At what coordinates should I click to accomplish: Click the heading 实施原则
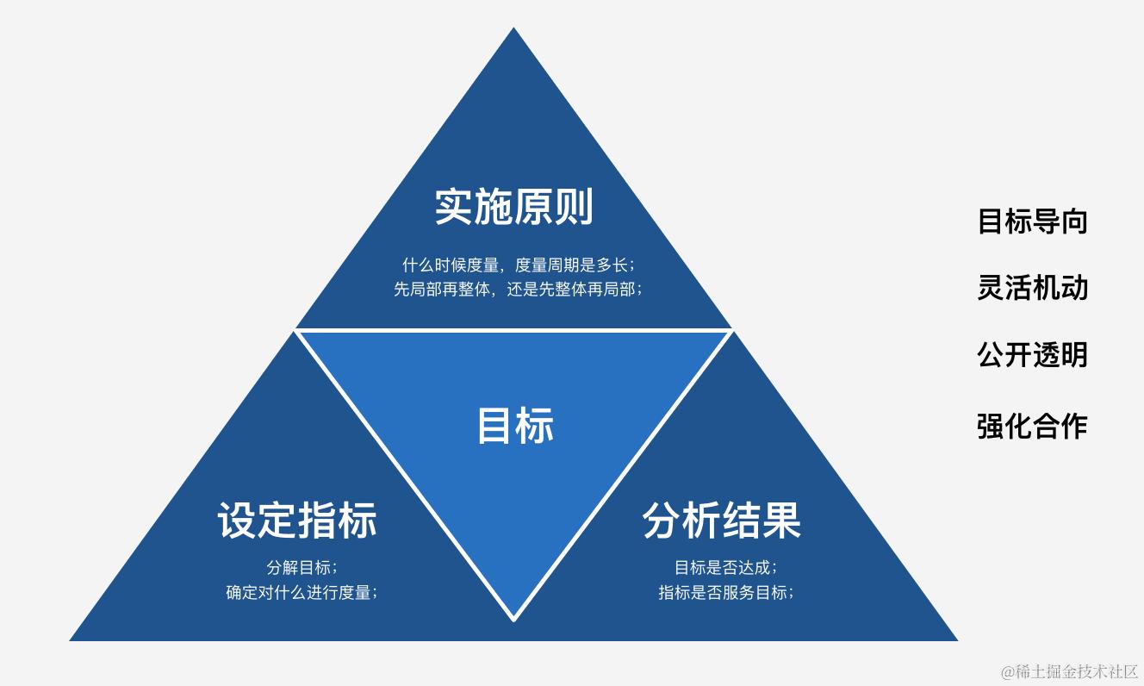(513, 207)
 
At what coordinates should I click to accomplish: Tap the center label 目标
(515, 425)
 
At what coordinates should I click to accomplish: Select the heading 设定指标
(297, 521)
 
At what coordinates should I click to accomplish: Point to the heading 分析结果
(722, 521)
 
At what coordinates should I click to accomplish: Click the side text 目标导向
(1032, 221)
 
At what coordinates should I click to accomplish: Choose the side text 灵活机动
(1032, 288)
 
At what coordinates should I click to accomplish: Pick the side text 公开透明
(1032, 354)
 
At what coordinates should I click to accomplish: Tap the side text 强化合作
(1032, 426)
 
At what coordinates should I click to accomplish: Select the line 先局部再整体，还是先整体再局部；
(518, 290)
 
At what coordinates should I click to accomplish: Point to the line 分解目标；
(302, 567)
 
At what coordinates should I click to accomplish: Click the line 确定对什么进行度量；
(302, 592)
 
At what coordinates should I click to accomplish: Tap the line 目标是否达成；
(725, 567)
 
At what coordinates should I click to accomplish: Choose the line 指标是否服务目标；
(725, 592)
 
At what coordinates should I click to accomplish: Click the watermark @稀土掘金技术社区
(1069, 670)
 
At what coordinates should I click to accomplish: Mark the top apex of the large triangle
(513, 29)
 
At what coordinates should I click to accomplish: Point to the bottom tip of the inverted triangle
(513, 618)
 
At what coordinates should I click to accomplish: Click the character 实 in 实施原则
(454, 207)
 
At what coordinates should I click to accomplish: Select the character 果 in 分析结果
(781, 521)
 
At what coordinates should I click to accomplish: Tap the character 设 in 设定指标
(237, 521)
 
